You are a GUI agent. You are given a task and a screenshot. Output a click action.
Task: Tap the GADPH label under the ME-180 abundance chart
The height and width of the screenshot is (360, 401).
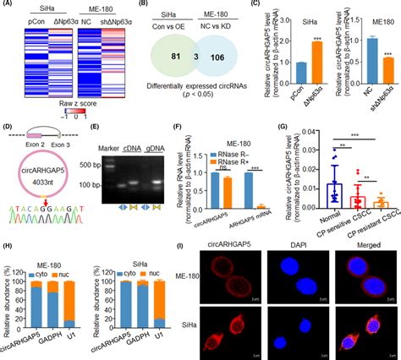[48, 335]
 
